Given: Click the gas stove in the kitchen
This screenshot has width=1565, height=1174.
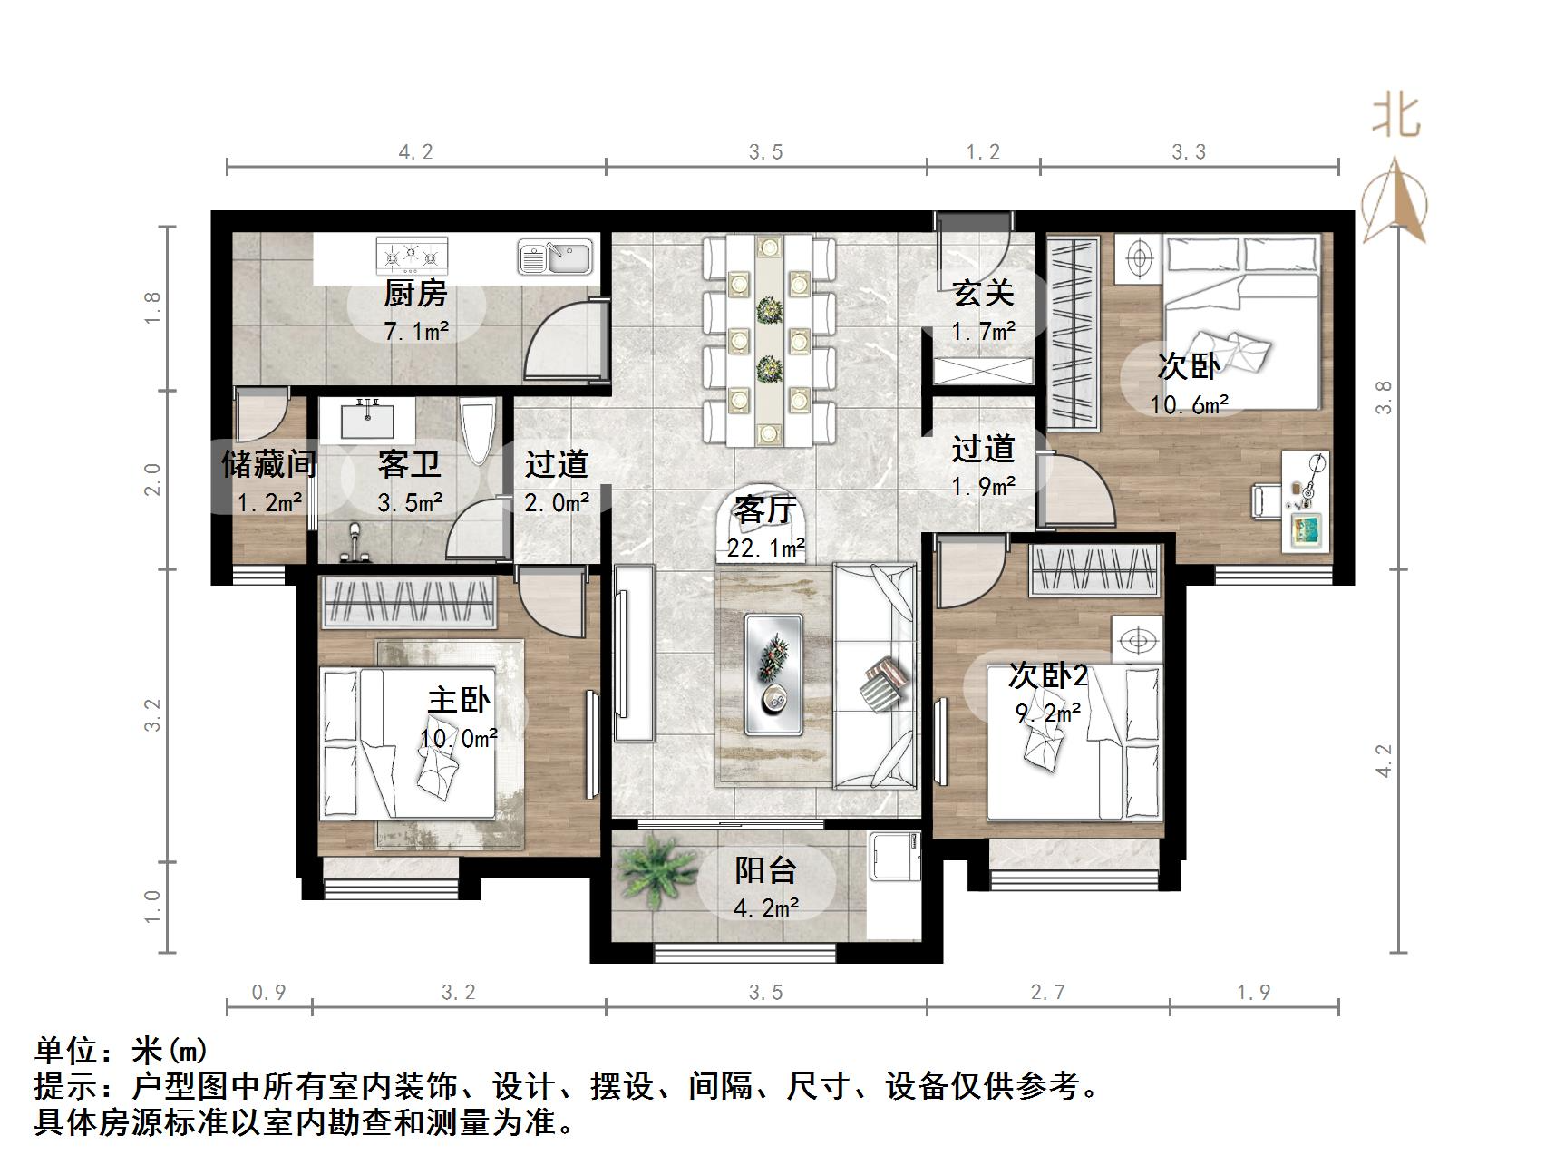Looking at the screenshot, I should click(412, 256).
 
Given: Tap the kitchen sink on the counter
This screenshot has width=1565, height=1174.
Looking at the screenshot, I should click(555, 257).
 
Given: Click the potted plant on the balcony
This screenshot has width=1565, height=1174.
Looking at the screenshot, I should click(656, 869).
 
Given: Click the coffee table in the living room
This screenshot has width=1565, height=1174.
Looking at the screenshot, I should click(773, 674).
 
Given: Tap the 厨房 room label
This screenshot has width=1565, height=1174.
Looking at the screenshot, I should click(415, 294).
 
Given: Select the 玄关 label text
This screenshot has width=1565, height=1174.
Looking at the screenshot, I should click(983, 293).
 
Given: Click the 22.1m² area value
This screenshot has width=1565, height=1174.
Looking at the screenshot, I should click(766, 548).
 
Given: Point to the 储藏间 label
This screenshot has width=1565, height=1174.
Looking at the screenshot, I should click(268, 464).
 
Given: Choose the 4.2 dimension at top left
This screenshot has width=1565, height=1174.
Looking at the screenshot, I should click(416, 152).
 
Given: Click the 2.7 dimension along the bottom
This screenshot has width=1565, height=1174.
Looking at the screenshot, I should click(1047, 993).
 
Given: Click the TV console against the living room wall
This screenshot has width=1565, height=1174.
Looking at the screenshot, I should click(634, 653).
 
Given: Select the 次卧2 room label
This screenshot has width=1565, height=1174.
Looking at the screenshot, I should click(1047, 675).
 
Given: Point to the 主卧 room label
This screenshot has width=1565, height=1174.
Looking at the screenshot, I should click(459, 700).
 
